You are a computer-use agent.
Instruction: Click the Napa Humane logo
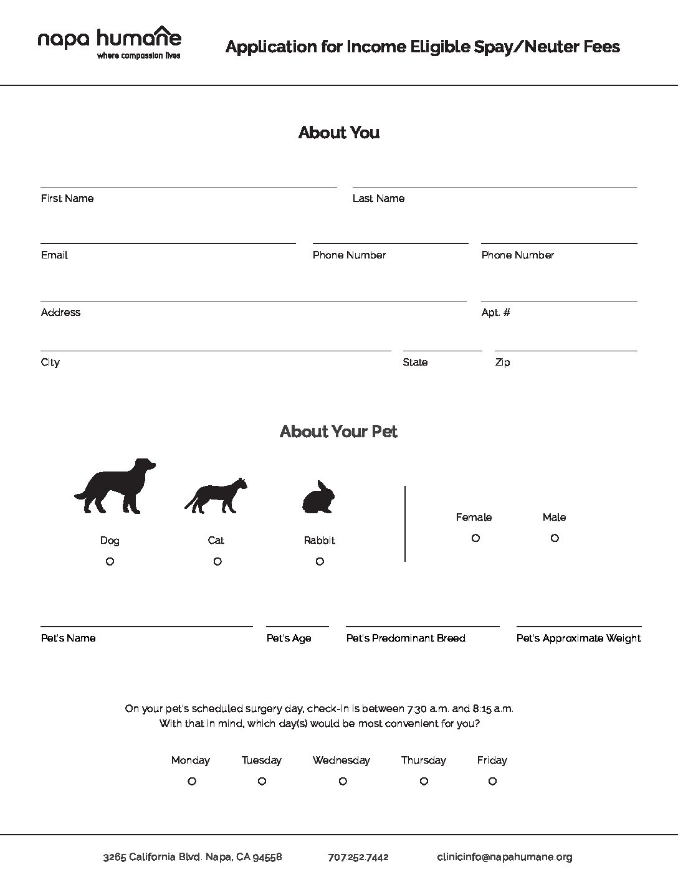(110, 42)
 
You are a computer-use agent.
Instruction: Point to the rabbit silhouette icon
(318, 498)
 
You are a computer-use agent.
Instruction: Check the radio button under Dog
(110, 561)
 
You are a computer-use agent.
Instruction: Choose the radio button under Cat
(217, 561)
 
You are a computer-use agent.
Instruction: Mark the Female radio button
(475, 538)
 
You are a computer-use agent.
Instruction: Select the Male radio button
(555, 538)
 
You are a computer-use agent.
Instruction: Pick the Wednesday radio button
(343, 781)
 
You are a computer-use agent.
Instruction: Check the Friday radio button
(492, 781)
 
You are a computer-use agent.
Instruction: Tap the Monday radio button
(192, 781)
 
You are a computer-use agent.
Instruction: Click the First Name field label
(67, 198)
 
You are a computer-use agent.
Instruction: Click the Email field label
(54, 255)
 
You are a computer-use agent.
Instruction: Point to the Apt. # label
(496, 312)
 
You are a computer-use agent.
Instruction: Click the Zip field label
(502, 362)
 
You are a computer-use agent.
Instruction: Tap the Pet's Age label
(289, 638)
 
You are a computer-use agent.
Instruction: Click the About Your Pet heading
(338, 431)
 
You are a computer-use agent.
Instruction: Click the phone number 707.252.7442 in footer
(358, 857)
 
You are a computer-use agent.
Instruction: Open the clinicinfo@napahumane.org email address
(505, 857)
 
